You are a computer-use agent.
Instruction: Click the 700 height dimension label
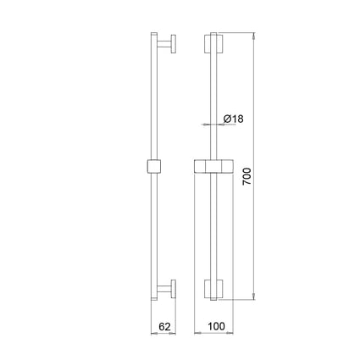pyautogui.click(x=247, y=176)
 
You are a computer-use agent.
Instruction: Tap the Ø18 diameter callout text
pyautogui.click(x=233, y=119)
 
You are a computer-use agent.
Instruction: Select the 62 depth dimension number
pyautogui.click(x=164, y=327)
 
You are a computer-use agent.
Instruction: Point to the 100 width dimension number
pyautogui.click(x=217, y=326)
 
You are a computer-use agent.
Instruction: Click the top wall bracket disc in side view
pyautogui.click(x=174, y=44)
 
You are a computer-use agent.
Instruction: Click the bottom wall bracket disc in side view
pyautogui.click(x=174, y=289)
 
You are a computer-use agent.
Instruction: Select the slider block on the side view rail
pyautogui.click(x=154, y=166)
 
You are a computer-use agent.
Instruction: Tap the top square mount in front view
pyautogui.click(x=213, y=44)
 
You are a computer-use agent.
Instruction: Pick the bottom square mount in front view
pyautogui.click(x=213, y=289)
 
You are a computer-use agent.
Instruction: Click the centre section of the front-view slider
pyautogui.click(x=213, y=166)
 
